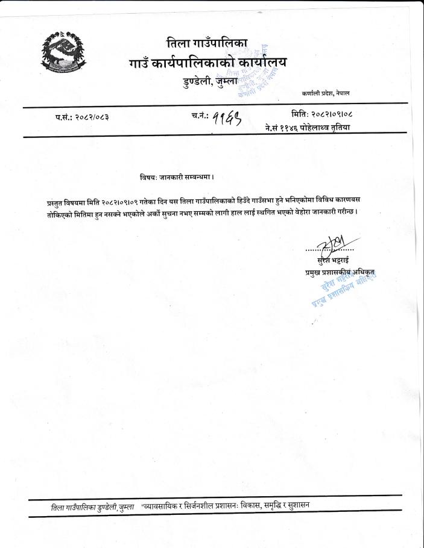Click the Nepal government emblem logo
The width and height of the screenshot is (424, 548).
point(63,50)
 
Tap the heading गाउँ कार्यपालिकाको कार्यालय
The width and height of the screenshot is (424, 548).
point(208,63)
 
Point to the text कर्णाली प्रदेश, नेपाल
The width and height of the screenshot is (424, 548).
point(330,94)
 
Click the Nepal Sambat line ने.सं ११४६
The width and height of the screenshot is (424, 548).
point(308,127)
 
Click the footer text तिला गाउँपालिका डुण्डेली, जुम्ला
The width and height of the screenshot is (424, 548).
point(92,508)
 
